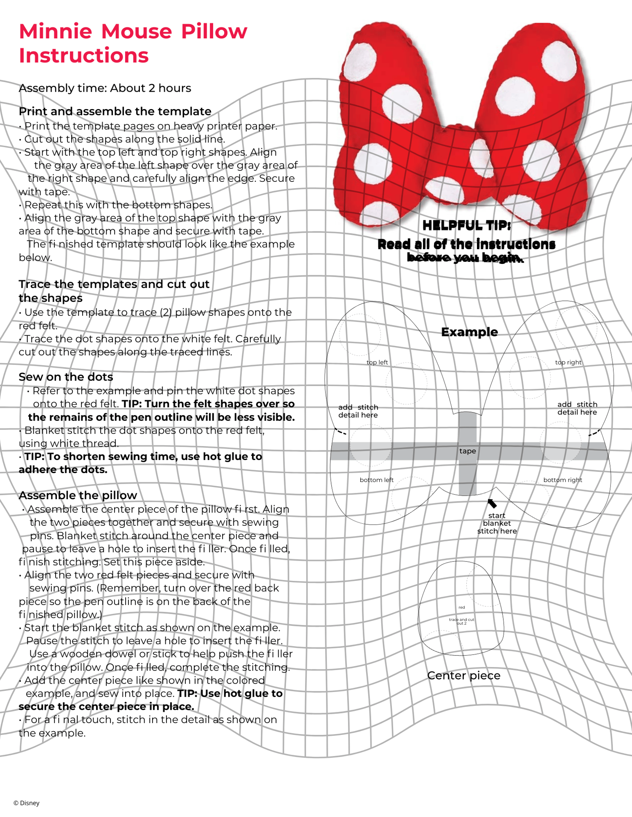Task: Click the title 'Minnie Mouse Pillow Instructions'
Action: pyautogui.click(x=133, y=43)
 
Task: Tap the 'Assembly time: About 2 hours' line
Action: pyautogui.click(x=105, y=88)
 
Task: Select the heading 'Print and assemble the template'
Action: pyautogui.click(x=115, y=111)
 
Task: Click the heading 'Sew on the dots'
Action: pyautogui.click(x=66, y=377)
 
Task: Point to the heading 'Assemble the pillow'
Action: pyautogui.click(x=78, y=495)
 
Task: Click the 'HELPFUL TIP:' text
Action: pyautogui.click(x=467, y=226)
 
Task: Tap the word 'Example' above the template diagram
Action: pyautogui.click(x=469, y=332)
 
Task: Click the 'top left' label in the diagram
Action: pyautogui.click(x=377, y=362)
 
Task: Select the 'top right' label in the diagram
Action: pyautogui.click(x=568, y=362)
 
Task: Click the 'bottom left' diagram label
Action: pyautogui.click(x=376, y=480)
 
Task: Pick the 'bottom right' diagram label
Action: pyautogui.click(x=562, y=480)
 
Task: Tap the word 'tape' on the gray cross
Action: pyautogui.click(x=468, y=451)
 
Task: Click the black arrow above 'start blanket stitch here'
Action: pyautogui.click(x=492, y=503)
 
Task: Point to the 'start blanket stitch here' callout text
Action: pyautogui.click(x=497, y=523)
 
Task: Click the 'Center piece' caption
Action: pyautogui.click(x=464, y=676)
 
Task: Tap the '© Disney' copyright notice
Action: pyautogui.click(x=27, y=803)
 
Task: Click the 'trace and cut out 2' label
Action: pyautogui.click(x=461, y=621)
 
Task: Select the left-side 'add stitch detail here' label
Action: pyautogui.click(x=358, y=411)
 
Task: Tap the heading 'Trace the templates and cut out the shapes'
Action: pyautogui.click(x=114, y=291)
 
